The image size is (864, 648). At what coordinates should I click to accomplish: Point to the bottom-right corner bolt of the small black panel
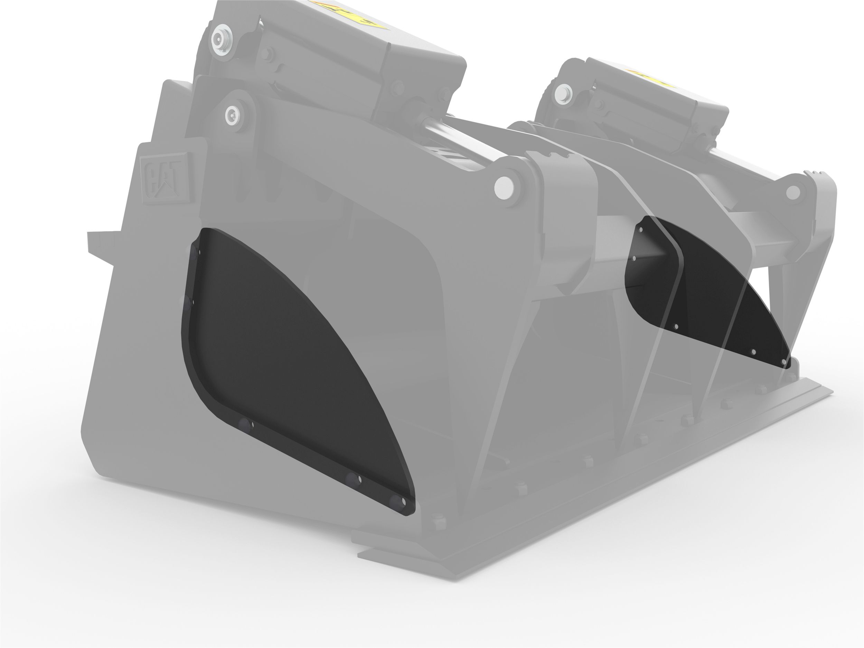(x=783, y=363)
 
